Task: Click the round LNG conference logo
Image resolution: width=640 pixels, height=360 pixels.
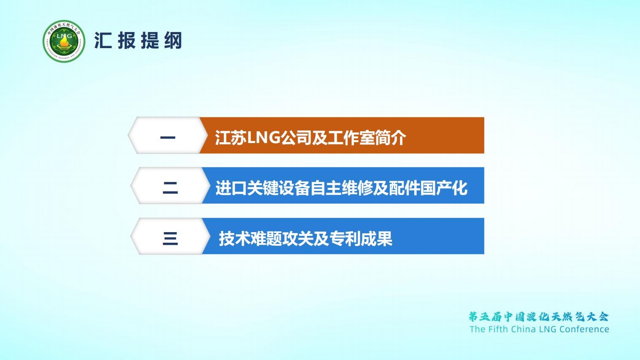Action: point(64,41)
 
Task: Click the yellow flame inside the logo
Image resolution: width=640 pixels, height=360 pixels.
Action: point(64,44)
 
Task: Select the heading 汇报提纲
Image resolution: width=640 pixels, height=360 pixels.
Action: point(138,40)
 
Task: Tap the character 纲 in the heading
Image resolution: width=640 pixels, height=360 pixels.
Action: point(173,40)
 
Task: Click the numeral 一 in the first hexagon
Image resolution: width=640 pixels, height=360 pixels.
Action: point(168,138)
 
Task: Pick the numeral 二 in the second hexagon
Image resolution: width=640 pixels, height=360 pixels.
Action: point(170,188)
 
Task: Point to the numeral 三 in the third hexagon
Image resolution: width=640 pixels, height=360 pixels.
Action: point(170,239)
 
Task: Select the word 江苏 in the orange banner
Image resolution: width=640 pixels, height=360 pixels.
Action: point(231,138)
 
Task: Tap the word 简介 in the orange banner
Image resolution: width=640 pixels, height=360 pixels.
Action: point(390,138)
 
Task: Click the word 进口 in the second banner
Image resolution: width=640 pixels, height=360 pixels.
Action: point(231,188)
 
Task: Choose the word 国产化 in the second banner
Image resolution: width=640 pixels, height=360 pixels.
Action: point(444,188)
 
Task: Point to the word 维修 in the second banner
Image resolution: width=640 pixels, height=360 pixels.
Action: point(357,188)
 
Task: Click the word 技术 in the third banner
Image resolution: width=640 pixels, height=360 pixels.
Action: point(235,239)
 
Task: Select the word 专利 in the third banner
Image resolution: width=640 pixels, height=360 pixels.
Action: point(345,239)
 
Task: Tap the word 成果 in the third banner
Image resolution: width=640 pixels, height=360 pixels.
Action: point(376,239)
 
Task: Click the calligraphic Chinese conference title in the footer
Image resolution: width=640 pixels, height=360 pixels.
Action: point(539,317)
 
